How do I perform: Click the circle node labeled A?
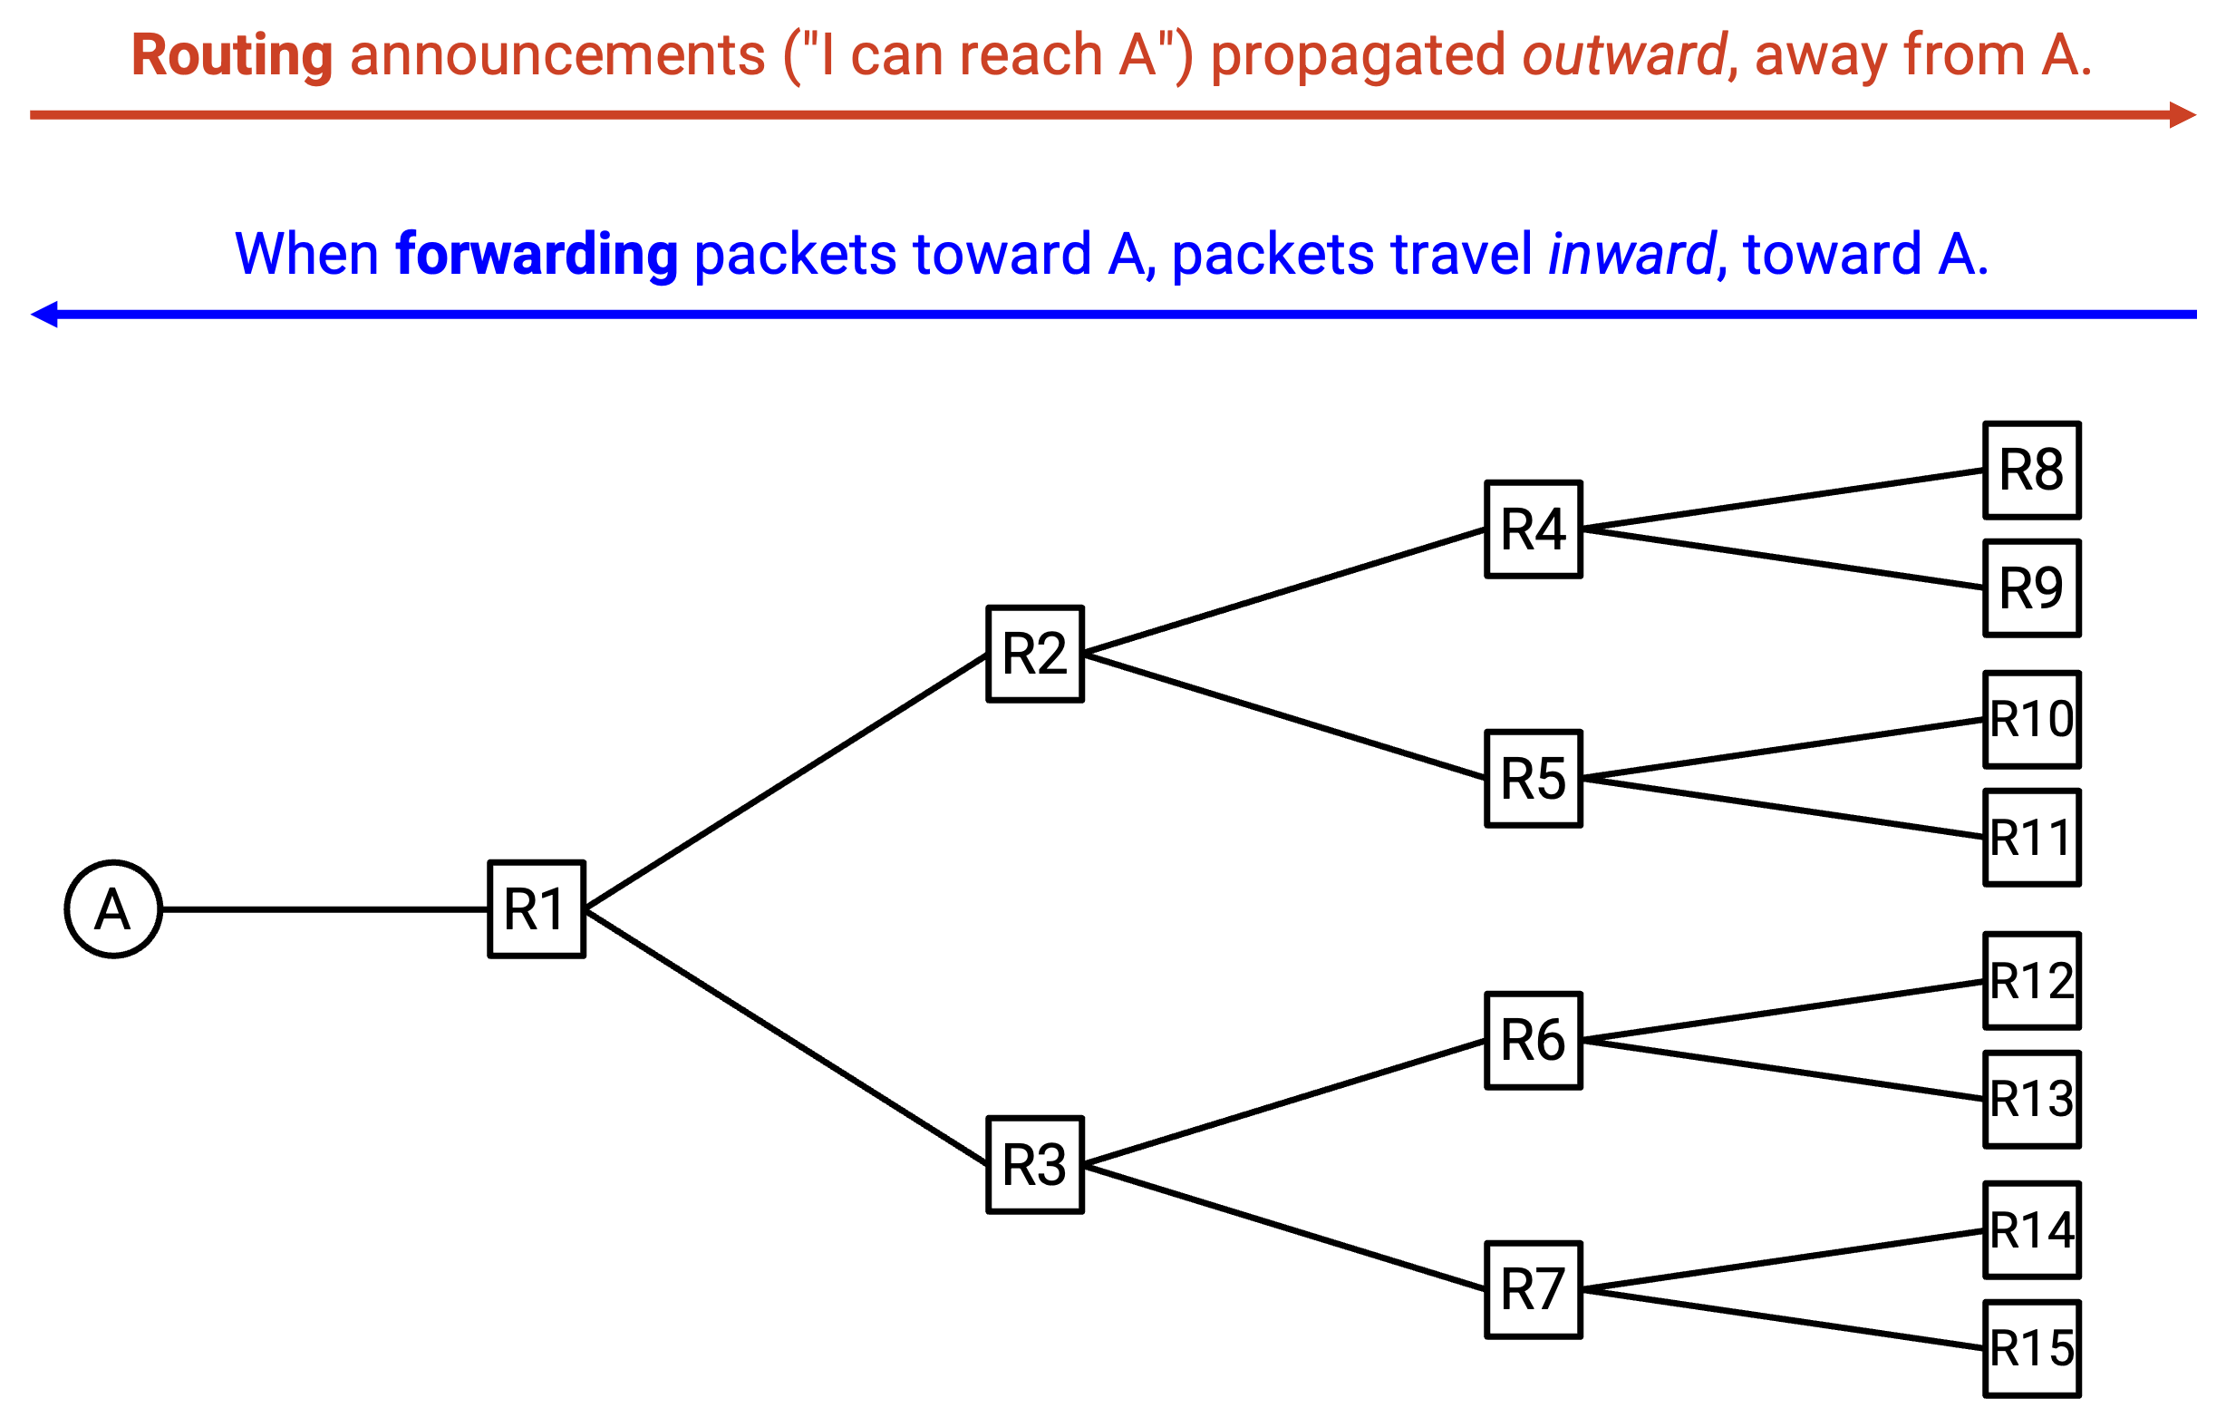coord(113,908)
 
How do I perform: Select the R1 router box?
coord(537,908)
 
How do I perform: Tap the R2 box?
coord(1034,654)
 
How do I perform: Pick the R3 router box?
coord(1034,1164)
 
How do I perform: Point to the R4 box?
coord(1533,529)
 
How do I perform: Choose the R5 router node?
coord(1533,779)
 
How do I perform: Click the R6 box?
coord(1533,1040)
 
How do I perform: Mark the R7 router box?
coord(1533,1289)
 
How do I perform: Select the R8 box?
coord(2032,470)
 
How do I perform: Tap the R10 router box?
coord(2032,719)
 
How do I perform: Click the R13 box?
coord(2032,1099)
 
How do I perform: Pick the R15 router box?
coord(2032,1349)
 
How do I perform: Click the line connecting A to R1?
coord(325,909)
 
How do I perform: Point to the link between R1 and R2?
coord(786,782)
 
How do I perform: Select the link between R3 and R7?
coord(1284,1227)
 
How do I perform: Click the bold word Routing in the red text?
coord(232,55)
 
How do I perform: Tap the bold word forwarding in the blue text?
coord(537,254)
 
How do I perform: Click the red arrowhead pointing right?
coord(2183,114)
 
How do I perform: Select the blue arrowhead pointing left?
coord(44,315)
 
